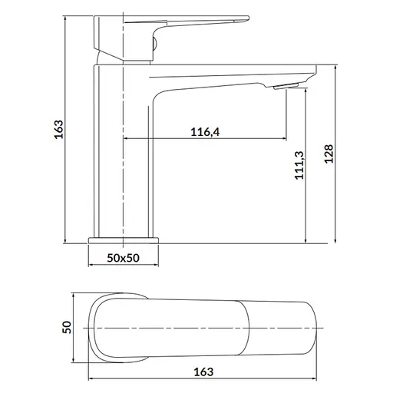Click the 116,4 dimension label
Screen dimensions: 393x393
point(205,132)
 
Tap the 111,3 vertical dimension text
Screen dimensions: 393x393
point(299,165)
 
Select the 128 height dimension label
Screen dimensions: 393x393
point(329,154)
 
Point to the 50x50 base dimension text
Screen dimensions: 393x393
point(123,258)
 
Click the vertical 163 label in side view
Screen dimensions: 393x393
point(58,129)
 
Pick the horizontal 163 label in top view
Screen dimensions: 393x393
point(203,372)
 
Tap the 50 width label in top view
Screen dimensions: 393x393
point(67,327)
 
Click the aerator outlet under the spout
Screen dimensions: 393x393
point(286,86)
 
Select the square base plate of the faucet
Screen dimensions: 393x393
point(124,240)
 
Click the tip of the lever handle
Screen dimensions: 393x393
point(248,18)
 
